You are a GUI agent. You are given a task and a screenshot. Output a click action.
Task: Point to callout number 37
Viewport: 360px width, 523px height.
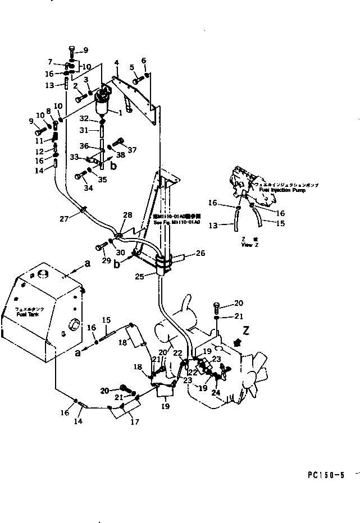[133, 150]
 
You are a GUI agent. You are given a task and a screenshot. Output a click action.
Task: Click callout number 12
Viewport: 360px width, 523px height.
[39, 152]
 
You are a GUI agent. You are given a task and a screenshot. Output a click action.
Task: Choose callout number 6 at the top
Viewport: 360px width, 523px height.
[144, 61]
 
